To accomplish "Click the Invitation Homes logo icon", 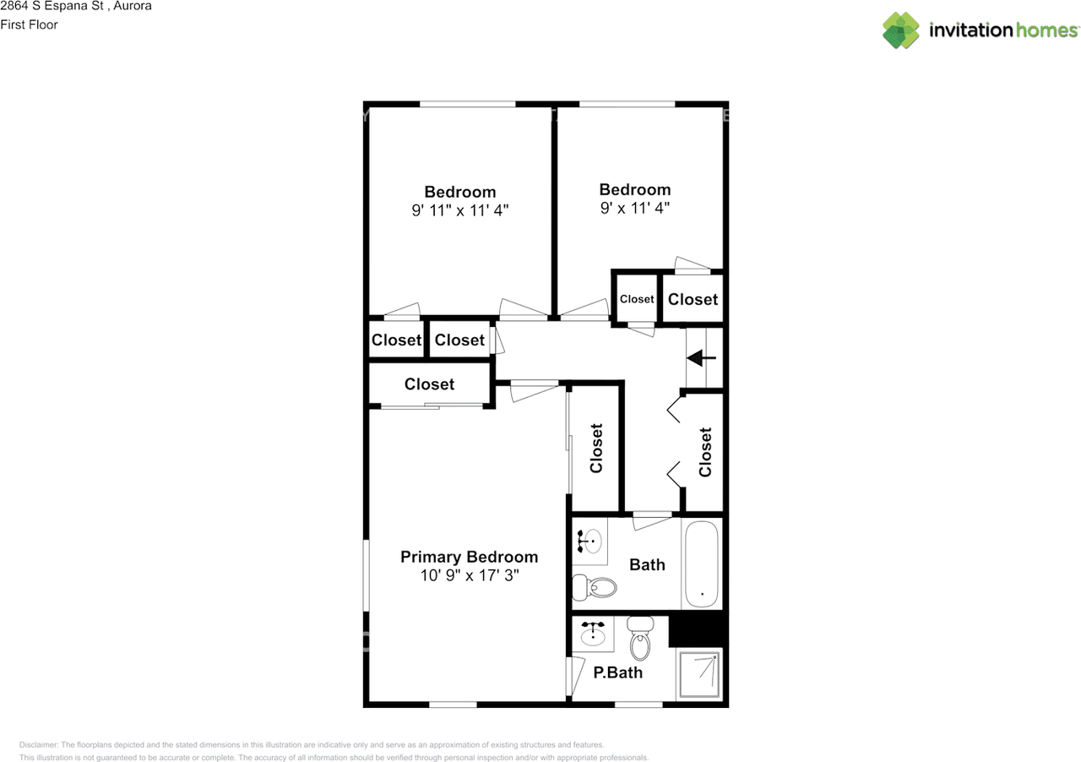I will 901,30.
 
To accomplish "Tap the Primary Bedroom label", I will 469,557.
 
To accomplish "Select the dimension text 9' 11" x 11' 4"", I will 460,210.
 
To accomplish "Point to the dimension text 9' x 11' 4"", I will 635,208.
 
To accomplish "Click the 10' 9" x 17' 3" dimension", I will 469,576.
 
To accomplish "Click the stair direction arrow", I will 701,358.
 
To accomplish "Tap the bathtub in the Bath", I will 702,564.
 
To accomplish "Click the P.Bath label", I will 617,673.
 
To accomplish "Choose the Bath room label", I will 647,565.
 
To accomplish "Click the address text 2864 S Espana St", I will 51,6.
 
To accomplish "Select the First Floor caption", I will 29,24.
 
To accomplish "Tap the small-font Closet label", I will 637,299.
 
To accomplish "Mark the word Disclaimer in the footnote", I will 39,745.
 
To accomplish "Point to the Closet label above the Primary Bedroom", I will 429,384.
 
